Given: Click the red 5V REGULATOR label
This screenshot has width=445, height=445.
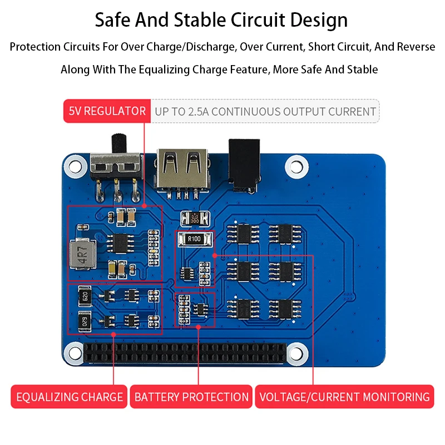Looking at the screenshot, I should [107, 111].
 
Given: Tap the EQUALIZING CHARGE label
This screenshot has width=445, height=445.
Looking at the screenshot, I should [70, 397].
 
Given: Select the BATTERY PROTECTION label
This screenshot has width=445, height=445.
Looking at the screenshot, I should [191, 397].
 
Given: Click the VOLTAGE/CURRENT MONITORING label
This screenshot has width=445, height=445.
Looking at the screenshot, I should [345, 397].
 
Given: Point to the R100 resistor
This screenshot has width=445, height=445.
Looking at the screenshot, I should [194, 239].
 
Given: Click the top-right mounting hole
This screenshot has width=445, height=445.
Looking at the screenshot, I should [296, 165].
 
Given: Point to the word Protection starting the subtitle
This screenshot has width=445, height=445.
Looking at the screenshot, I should [35, 47].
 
